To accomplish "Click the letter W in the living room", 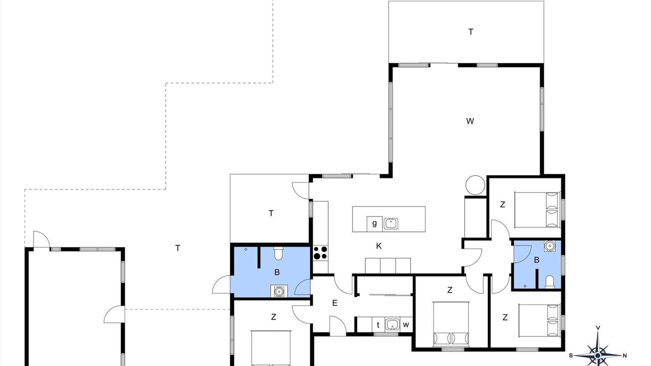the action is coord(470,121).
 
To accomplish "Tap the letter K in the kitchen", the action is coord(379,246).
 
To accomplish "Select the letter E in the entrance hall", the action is coord(335,303).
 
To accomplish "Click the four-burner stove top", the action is coord(320,253).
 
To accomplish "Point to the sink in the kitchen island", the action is coord(391,224).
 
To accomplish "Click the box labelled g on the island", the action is coord(374,224).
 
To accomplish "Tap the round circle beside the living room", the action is coord(475,185).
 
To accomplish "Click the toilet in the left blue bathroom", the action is coord(278,253).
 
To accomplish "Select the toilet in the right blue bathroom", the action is coord(550,282).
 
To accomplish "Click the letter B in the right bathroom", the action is coord(537,260).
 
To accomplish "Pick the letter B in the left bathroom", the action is coord(277,272).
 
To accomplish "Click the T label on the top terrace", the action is coord(471,32).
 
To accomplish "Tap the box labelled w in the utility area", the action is coord(406,324).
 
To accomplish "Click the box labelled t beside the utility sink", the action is coord(378,325).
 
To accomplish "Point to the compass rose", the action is coord(598,355).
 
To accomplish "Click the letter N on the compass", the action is coord(625,355).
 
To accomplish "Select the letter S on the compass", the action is coord(571,355).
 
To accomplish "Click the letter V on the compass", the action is coord(598,328).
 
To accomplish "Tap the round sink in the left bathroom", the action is coord(279,291).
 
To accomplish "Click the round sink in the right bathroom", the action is coord(550,246).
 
